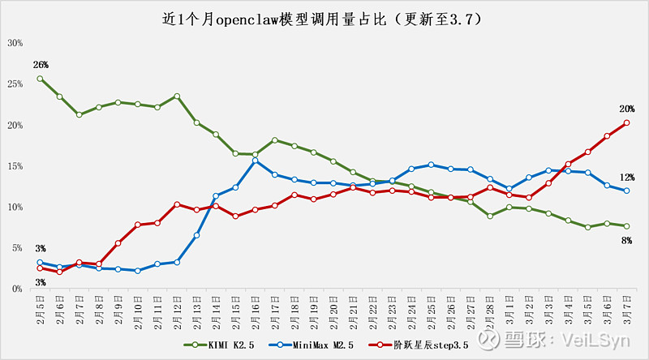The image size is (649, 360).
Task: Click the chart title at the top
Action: [324, 18]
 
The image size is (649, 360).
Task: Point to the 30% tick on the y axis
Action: [15, 42]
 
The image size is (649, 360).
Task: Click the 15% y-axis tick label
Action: [15, 166]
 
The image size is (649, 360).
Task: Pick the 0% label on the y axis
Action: [16, 289]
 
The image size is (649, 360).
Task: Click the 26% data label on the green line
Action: [41, 64]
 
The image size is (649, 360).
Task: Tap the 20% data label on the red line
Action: [626, 109]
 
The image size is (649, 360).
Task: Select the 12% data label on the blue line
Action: [626, 177]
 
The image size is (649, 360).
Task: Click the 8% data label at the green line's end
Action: [626, 240]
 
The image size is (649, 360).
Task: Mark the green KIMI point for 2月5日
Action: [40, 79]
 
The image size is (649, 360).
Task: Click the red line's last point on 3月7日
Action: [626, 123]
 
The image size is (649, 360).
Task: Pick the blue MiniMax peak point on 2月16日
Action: [255, 161]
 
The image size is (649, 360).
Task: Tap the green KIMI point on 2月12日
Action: [177, 96]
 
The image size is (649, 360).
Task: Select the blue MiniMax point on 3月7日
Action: [626, 191]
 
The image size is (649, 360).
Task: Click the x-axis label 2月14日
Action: [216, 309]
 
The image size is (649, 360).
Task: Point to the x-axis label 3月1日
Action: [509, 309]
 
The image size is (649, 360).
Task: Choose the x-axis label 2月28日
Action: [489, 309]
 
